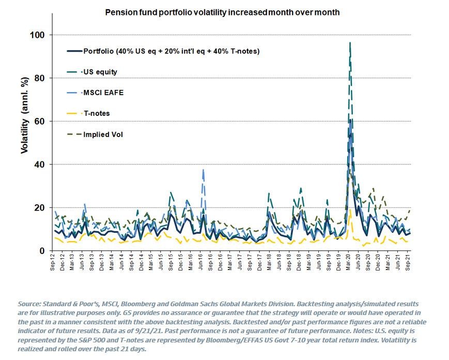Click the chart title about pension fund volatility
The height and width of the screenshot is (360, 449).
(x=222, y=12)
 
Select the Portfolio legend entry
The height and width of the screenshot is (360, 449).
(x=171, y=51)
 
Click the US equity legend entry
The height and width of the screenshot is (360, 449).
(x=100, y=72)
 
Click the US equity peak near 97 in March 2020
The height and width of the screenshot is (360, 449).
(x=350, y=42)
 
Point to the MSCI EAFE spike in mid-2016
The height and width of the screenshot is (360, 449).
(x=203, y=170)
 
